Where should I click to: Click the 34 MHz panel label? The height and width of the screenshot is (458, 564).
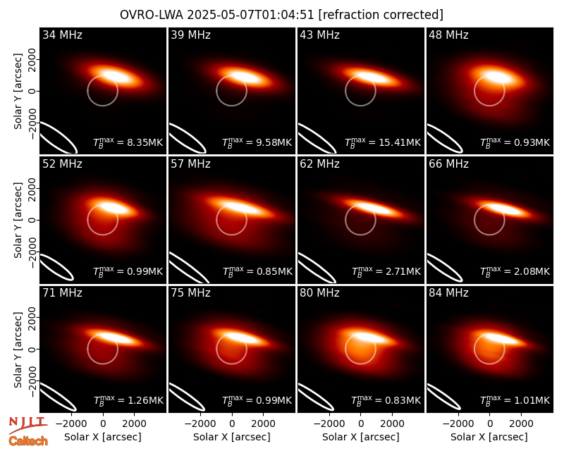click(62, 35)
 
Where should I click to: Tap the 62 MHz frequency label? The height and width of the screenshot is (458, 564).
click(319, 164)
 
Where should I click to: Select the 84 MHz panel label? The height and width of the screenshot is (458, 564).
click(448, 293)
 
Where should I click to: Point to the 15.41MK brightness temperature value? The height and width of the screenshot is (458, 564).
click(400, 143)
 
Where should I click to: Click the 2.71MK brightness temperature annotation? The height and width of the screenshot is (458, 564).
click(403, 271)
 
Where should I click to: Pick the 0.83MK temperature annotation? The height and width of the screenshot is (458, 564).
click(403, 400)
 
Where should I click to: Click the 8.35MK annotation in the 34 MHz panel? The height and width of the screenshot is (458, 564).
click(145, 143)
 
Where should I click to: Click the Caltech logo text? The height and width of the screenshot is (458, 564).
click(28, 441)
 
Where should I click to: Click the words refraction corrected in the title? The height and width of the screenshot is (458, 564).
click(381, 15)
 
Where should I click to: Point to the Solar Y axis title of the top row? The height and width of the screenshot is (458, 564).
click(18, 92)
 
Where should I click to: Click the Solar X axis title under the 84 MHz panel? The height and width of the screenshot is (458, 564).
click(489, 437)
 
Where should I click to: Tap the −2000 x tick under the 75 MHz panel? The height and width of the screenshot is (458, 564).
click(200, 424)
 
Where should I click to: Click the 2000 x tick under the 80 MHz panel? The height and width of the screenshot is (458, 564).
click(392, 424)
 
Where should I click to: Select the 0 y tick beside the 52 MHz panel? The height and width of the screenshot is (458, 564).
click(32, 220)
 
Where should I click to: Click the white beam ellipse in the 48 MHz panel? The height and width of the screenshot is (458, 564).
click(444, 138)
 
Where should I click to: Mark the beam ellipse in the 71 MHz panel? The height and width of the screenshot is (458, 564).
click(58, 397)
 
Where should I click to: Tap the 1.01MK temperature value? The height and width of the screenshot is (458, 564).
click(532, 400)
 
